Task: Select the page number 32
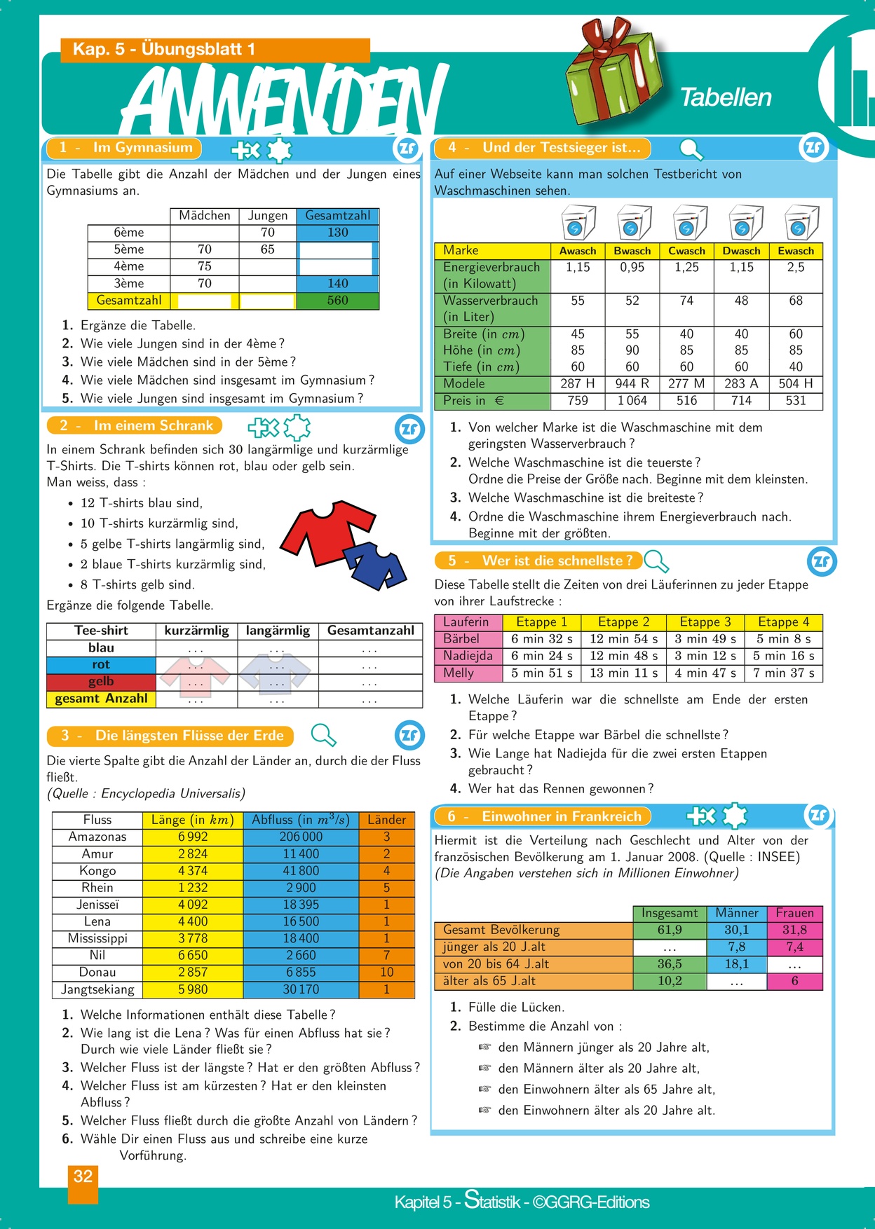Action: coord(83,1176)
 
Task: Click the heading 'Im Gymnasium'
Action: coord(142,148)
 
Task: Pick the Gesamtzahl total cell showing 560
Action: coord(337,301)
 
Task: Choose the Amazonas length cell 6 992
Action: coord(193,837)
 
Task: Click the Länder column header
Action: coord(386,820)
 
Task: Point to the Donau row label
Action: coord(97,973)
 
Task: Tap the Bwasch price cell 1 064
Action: coord(632,401)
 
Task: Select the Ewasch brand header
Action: coord(796,251)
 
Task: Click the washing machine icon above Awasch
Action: coord(578,223)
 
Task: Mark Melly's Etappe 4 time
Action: coord(783,673)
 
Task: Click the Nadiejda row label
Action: coord(468,656)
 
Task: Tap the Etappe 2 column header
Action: coord(623,622)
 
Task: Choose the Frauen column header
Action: coord(794,913)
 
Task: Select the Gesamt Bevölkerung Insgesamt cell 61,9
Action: coord(670,930)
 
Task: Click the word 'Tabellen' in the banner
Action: coord(726,97)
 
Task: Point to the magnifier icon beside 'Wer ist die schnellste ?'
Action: coord(656,561)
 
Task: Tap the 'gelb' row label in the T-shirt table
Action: coord(101,682)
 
